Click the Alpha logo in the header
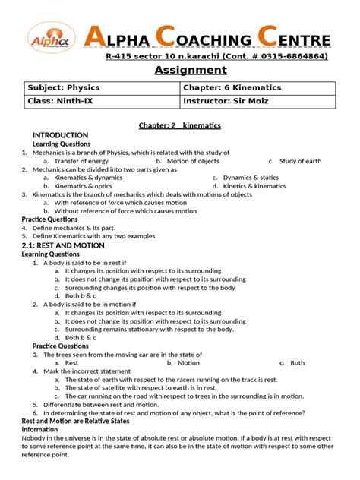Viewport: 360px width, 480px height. click(x=51, y=40)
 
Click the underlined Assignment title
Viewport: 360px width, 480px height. click(x=191, y=70)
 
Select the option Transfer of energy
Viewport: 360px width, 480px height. click(x=81, y=161)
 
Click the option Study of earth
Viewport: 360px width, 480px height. click(x=300, y=161)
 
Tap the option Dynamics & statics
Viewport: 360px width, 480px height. click(x=251, y=178)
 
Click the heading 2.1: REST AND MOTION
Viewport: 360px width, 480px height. click(x=62, y=245)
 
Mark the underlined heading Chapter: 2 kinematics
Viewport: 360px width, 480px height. click(x=179, y=124)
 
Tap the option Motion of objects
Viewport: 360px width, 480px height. click(x=193, y=161)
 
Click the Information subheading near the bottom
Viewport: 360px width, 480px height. click(x=39, y=430)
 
